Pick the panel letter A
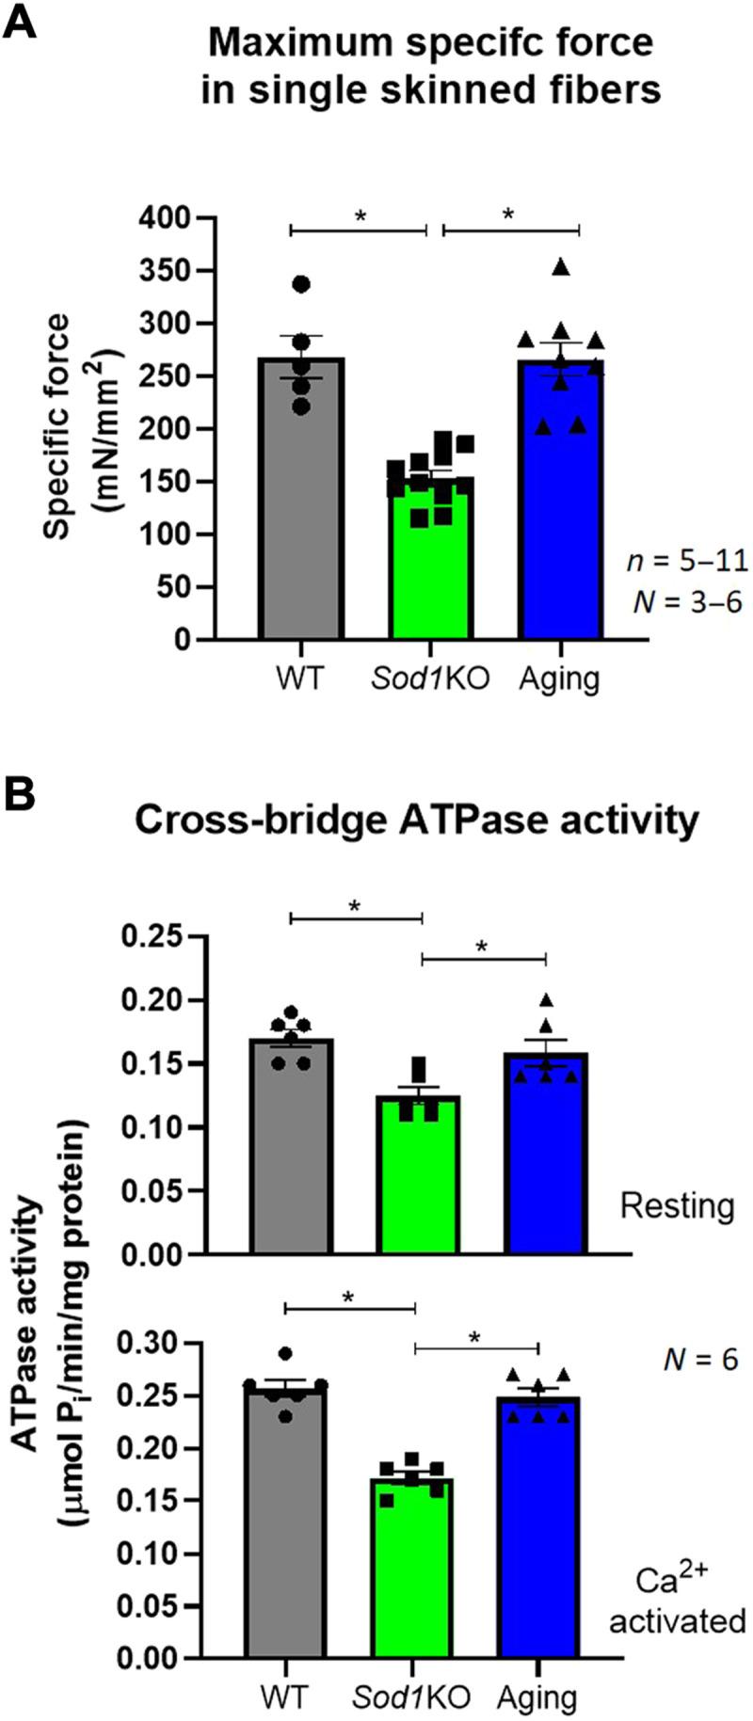22,22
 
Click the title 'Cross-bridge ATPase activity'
417,820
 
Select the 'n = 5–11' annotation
687,562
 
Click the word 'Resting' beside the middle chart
677,1205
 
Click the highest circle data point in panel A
301,284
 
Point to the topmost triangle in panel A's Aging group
562,267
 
